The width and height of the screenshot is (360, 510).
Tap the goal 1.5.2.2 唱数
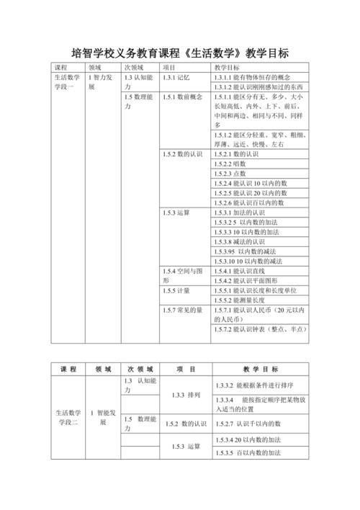pyautogui.click(x=231, y=164)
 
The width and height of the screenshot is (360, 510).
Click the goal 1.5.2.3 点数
pyautogui.click(x=231, y=174)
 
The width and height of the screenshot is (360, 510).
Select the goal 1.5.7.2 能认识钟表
pyautogui.click(x=260, y=329)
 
